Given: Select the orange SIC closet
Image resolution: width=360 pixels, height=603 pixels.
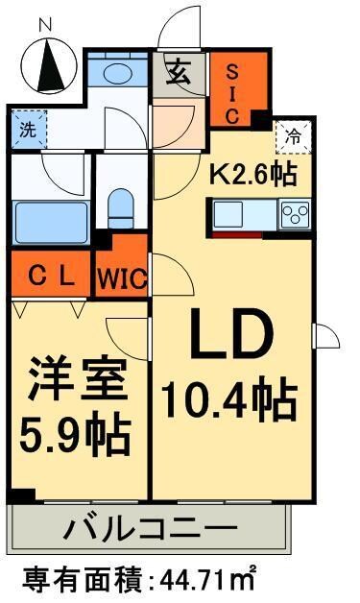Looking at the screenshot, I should point(233,90).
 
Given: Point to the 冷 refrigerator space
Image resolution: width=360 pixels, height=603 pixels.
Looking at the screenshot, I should point(293,137).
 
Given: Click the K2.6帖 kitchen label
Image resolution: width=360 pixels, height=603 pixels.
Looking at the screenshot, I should point(252,175).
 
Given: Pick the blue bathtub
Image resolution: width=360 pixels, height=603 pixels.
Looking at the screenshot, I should point(50,225).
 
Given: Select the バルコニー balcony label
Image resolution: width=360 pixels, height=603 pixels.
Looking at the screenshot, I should point(150,528).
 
